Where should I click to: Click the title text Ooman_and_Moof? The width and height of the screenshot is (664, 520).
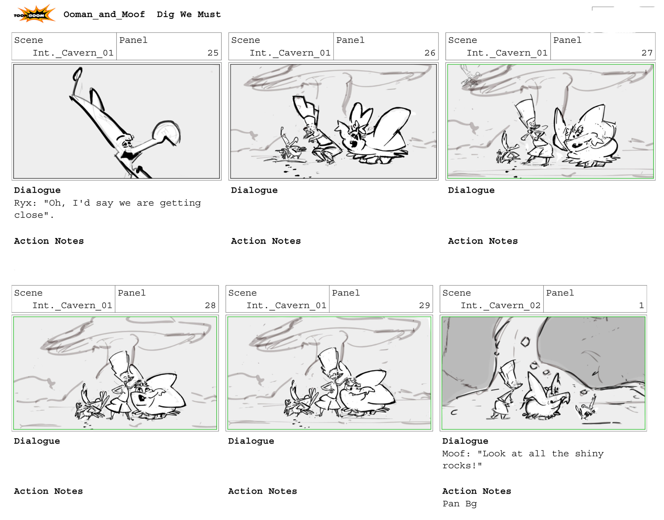pyautogui.click(x=104, y=15)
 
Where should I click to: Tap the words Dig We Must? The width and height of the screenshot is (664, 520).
pyautogui.click(x=189, y=14)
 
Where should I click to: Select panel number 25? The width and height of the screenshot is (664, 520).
pyautogui.click(x=213, y=53)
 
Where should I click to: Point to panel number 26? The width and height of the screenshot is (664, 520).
pyautogui.click(x=430, y=53)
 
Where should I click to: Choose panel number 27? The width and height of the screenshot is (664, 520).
pyautogui.click(x=647, y=53)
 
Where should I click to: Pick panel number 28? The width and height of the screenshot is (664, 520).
pyautogui.click(x=210, y=305)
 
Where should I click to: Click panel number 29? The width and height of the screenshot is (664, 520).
pyautogui.click(x=424, y=305)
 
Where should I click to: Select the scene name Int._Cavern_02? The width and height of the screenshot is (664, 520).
pyautogui.click(x=500, y=305)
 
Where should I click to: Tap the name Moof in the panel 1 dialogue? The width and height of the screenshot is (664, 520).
pyautogui.click(x=453, y=454)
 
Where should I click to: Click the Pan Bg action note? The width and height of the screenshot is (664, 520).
pyautogui.click(x=460, y=504)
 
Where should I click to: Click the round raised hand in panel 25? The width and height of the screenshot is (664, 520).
pyautogui.click(x=166, y=133)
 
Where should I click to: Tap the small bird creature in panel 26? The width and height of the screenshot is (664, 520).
pyautogui.click(x=291, y=146)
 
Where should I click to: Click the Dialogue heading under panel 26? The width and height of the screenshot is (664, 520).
pyautogui.click(x=254, y=191)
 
